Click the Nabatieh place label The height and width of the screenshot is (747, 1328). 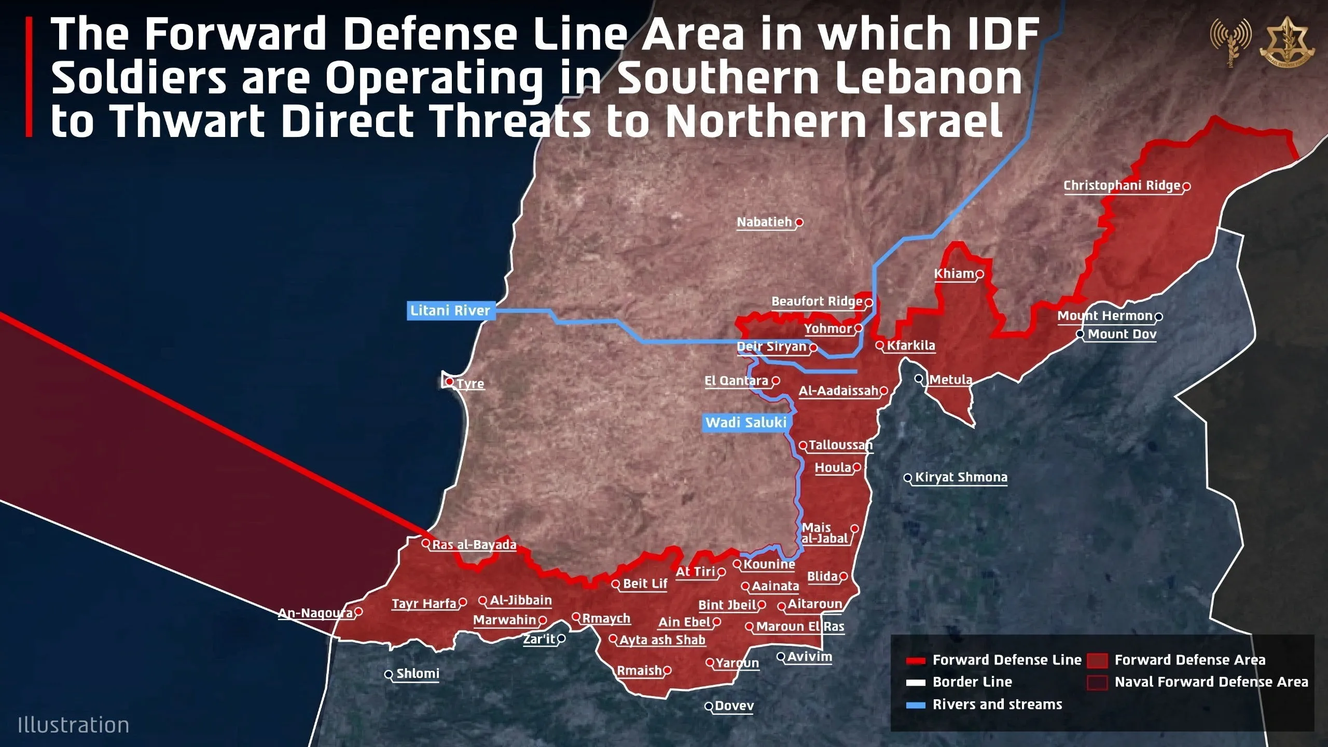[765, 222]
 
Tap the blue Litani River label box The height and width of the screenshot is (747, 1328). [450, 311]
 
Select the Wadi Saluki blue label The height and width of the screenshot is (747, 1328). [745, 422]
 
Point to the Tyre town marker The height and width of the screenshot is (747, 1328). [450, 382]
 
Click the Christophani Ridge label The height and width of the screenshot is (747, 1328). [1122, 186]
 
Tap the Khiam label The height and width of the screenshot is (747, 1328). [954, 274]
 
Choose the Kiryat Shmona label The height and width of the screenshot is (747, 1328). [961, 477]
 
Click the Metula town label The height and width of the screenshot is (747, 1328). [950, 380]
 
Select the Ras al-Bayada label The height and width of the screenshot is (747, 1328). [474, 545]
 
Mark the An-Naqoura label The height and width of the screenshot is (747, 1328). [315, 613]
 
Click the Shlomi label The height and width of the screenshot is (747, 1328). [418, 674]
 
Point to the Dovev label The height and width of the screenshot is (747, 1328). [734, 706]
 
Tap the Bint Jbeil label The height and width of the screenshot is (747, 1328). [727, 605]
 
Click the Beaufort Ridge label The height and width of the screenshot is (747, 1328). [817, 302]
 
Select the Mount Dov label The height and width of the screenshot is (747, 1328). [1122, 334]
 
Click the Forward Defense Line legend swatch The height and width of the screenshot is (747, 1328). [916, 660]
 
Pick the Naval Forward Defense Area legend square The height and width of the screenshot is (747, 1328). [1097, 682]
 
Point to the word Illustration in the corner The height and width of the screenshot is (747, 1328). [73, 725]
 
